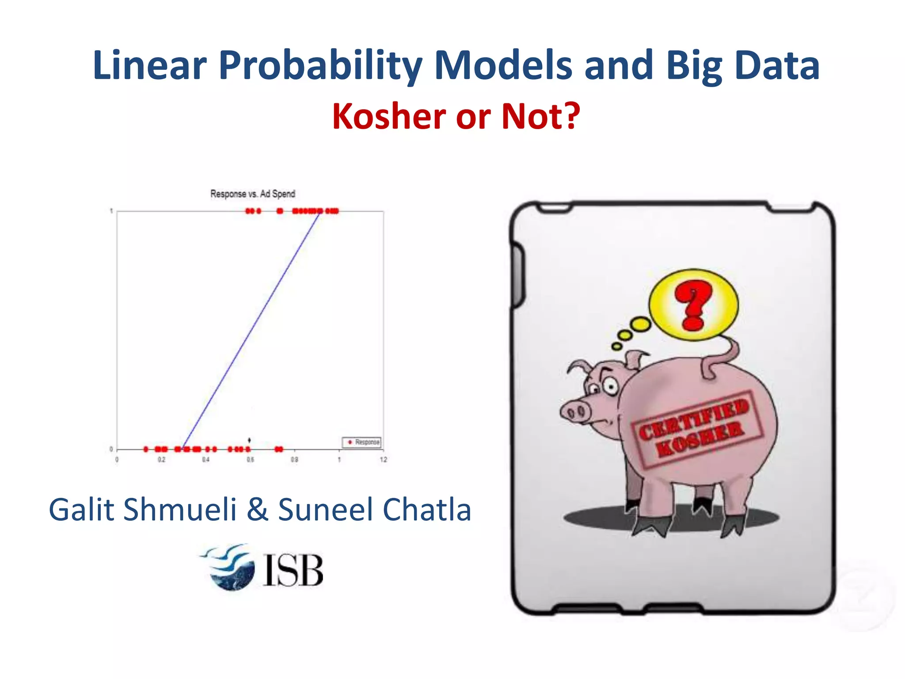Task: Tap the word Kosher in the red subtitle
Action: tap(389, 117)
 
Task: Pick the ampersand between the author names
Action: tap(258, 510)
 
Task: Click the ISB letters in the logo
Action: tap(293, 570)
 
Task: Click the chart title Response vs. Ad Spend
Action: tap(252, 194)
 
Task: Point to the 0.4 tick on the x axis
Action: tap(206, 460)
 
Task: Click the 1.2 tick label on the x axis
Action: tap(383, 460)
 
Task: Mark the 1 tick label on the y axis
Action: tap(111, 211)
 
